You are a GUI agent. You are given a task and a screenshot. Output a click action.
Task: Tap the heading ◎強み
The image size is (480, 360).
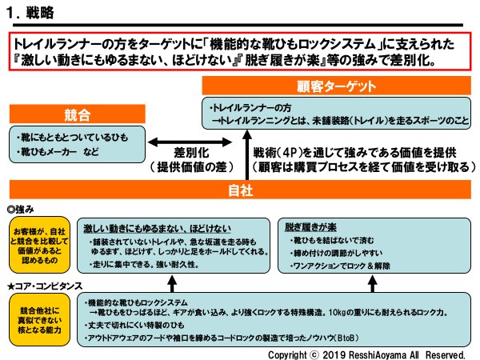coord(22,209)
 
